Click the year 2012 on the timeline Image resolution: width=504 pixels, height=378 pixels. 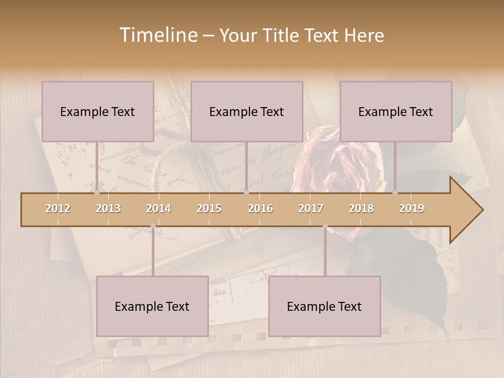pyautogui.click(x=58, y=208)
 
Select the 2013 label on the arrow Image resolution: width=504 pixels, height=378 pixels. pyautogui.click(x=108, y=208)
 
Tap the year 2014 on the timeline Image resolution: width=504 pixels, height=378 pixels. pyautogui.click(x=159, y=208)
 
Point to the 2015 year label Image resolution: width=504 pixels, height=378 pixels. pyautogui.click(x=209, y=208)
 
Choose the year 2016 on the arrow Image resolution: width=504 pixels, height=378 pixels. pyautogui.click(x=260, y=208)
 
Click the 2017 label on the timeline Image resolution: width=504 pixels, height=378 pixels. pyautogui.click(x=311, y=208)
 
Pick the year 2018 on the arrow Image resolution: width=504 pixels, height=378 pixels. pyautogui.click(x=361, y=208)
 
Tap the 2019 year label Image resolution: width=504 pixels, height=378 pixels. pyautogui.click(x=412, y=208)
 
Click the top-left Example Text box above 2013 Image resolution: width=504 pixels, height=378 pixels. pyautogui.click(x=98, y=111)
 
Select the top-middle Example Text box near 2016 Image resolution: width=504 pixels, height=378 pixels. pyautogui.click(x=247, y=111)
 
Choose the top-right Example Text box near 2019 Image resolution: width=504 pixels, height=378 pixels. pyautogui.click(x=396, y=111)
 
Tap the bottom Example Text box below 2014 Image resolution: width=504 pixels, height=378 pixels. pyautogui.click(x=152, y=306)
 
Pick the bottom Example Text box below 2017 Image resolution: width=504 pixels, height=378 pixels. pyautogui.click(x=324, y=306)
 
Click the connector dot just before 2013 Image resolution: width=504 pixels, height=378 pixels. pyautogui.click(x=97, y=192)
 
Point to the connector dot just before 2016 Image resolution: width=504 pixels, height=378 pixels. pyautogui.click(x=246, y=192)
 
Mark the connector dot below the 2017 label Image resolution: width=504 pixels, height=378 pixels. pyautogui.click(x=325, y=226)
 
